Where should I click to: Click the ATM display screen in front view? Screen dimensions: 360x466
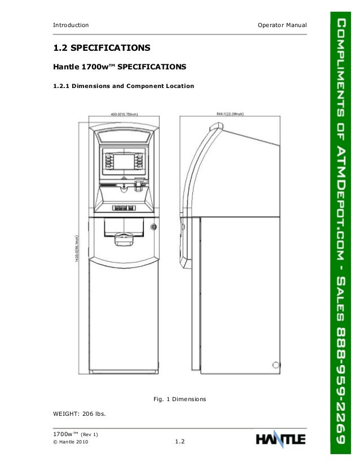point(121,160)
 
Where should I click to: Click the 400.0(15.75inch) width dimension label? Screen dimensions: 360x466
point(124,114)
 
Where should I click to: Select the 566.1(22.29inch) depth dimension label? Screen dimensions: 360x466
point(230,114)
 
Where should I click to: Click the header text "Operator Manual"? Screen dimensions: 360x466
point(281,25)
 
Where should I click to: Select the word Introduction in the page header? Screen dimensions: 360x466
point(71,25)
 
